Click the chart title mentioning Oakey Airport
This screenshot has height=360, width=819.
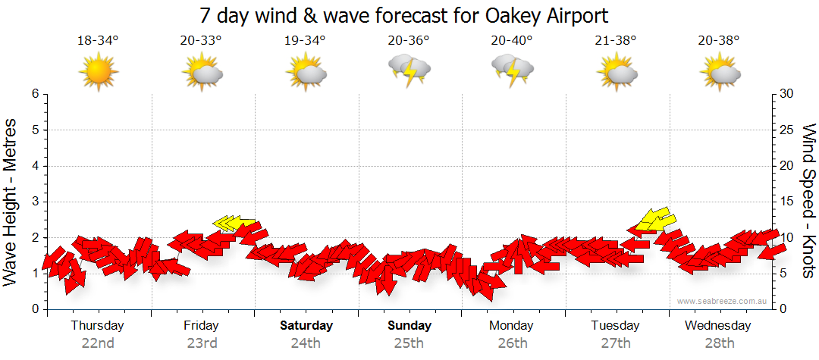tap(403, 15)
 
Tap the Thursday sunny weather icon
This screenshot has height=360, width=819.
tap(99, 71)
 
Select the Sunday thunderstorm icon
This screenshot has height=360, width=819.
tap(409, 70)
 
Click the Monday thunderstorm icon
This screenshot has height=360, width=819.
tap(513, 70)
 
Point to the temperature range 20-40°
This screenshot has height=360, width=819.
tap(512, 41)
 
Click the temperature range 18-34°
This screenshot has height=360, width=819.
tap(98, 41)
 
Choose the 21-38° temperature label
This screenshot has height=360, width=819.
tap(615, 41)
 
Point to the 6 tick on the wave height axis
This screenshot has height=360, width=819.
tap(35, 94)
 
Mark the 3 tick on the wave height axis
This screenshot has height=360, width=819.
tap(35, 202)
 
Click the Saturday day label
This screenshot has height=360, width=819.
tap(306, 326)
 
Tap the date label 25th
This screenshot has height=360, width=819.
tap(409, 343)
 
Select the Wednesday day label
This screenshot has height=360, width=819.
tap(717, 326)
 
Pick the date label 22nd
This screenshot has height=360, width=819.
tap(98, 343)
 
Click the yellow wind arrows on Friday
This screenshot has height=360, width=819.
tap(231, 223)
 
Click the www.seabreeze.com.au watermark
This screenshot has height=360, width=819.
tap(722, 301)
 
